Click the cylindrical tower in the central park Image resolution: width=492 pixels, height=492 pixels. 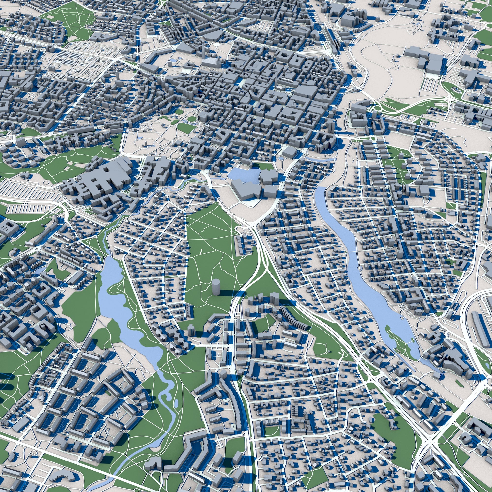point(216,287)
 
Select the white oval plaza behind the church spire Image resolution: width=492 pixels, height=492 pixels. point(216,44)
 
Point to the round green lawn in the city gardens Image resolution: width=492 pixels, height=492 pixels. point(191,119)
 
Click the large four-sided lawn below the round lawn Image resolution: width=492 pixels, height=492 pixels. point(186,128)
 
